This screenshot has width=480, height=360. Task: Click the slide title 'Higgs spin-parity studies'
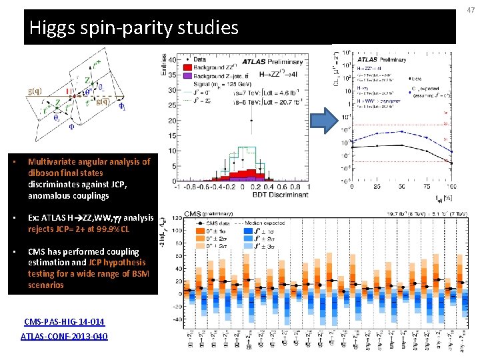[x=134, y=28]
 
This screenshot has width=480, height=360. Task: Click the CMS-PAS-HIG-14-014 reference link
[x=64, y=322]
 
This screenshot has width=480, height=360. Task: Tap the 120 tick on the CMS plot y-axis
[x=177, y=218]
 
